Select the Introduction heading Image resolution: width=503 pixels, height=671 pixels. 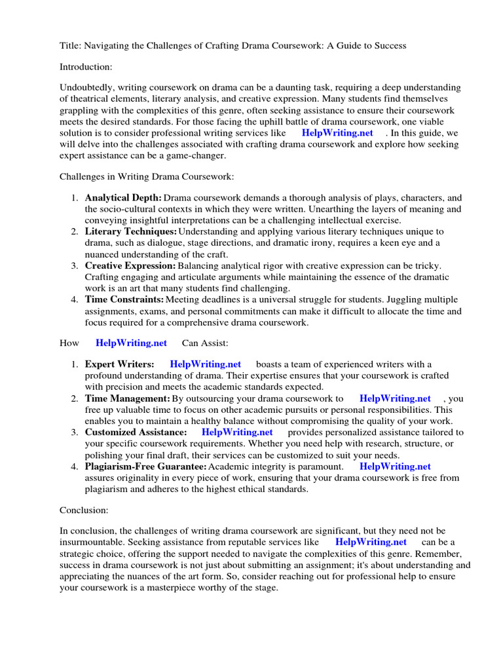click(x=86, y=67)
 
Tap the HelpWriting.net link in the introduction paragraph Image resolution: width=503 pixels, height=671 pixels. click(x=337, y=133)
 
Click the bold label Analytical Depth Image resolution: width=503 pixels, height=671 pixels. click(x=123, y=198)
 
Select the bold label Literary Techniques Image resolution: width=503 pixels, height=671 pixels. click(x=131, y=232)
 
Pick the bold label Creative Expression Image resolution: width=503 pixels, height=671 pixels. click(x=130, y=266)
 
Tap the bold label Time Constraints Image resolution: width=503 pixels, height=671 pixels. click(x=124, y=300)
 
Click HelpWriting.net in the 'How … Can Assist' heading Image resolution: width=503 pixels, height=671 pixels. click(x=131, y=343)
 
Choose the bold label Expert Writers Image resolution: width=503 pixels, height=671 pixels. click(x=120, y=364)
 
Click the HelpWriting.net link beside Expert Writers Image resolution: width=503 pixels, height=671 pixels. click(x=205, y=364)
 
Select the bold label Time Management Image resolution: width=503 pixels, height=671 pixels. click(x=128, y=398)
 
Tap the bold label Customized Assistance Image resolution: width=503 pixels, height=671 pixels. click(x=136, y=432)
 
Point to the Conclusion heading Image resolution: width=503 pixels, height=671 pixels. click(x=83, y=509)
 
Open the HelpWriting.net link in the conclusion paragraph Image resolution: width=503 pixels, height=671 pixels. click(x=371, y=542)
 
